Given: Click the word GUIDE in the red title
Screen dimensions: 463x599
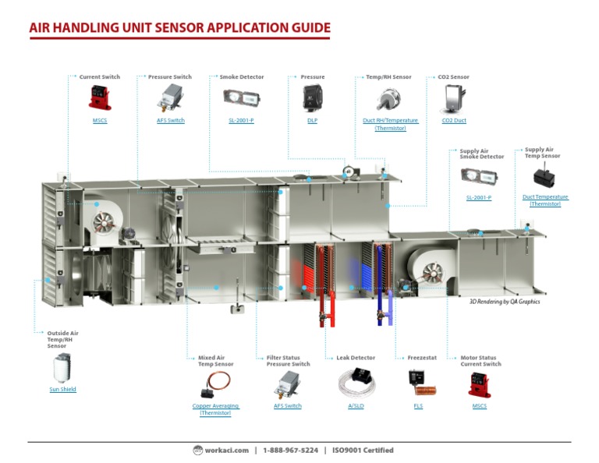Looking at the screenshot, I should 303,28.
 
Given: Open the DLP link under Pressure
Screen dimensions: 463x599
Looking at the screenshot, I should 312,121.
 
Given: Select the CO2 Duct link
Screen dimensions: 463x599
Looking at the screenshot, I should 454,121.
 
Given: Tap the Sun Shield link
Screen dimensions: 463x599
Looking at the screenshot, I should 62,389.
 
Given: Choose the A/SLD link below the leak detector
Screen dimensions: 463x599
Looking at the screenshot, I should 356,406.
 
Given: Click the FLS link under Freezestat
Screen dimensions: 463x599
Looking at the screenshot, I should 418,406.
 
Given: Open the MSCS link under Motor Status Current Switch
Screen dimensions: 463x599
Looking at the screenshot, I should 479,406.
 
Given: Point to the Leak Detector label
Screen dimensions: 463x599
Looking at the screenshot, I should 356,358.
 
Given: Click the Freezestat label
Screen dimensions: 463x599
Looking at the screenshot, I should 421,358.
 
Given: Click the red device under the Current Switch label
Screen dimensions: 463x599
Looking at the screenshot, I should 100,97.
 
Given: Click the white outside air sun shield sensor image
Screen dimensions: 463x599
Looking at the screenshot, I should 62,366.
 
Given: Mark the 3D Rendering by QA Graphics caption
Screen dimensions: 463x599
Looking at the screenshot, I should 504,302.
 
